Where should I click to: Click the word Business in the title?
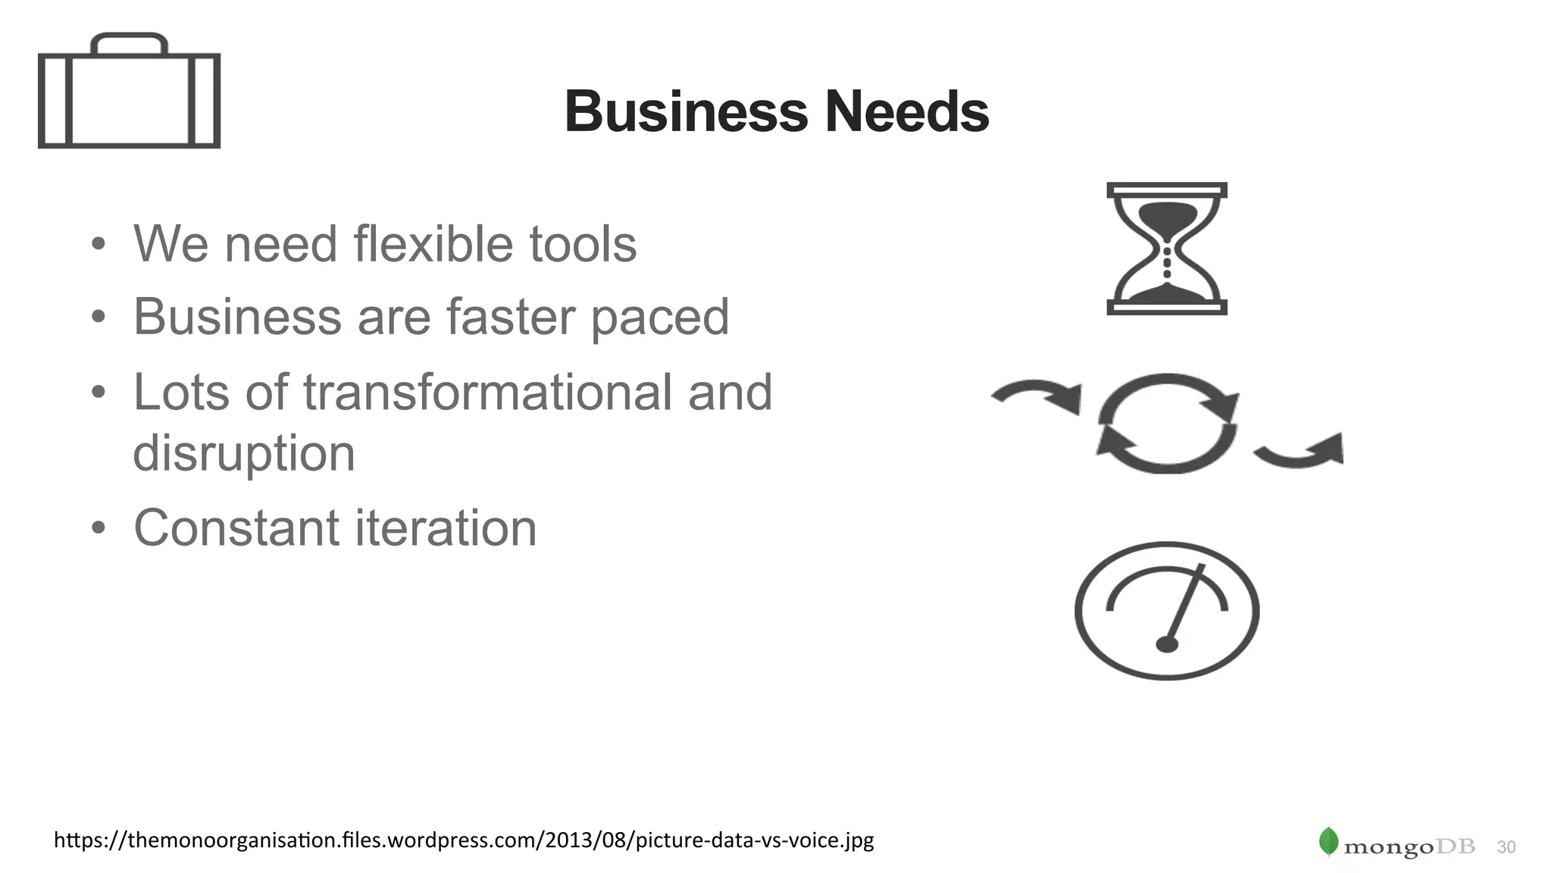(x=687, y=111)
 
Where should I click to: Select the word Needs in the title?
(x=907, y=111)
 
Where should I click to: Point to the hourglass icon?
(x=1167, y=249)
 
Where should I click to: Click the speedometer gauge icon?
(x=1167, y=610)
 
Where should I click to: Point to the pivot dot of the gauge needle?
(x=1167, y=644)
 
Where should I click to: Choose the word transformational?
(x=487, y=393)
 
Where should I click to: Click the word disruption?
(x=244, y=454)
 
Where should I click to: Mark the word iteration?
(x=446, y=527)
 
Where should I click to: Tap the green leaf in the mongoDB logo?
(x=1328, y=841)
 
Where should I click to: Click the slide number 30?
(x=1507, y=847)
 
